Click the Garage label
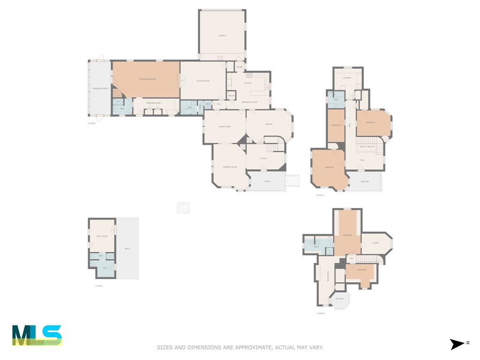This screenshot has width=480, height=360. click(x=222, y=36)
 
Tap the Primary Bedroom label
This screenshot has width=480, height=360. click(x=147, y=79)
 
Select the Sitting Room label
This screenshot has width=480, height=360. click(x=203, y=81)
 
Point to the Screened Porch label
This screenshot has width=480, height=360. click(x=100, y=88)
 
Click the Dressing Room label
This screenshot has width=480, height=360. click(x=154, y=103)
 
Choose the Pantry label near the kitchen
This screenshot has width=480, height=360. click(x=231, y=96)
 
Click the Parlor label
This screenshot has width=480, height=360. click(x=269, y=124)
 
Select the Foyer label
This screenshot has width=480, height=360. click(x=263, y=158)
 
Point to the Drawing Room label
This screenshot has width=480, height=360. click(x=230, y=167)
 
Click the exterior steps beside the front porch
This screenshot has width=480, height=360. click(x=292, y=180)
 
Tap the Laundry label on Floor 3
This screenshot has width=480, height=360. click(x=347, y=78)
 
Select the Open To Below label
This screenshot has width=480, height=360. click(x=367, y=147)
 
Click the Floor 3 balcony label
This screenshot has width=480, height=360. click(x=365, y=182)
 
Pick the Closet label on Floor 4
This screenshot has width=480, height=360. click(x=376, y=243)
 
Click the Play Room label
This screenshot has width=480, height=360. click(x=328, y=276)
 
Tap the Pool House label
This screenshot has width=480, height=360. click(x=102, y=236)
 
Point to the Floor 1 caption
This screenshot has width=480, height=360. click(x=99, y=285)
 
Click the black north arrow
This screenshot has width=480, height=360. click(x=457, y=345)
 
